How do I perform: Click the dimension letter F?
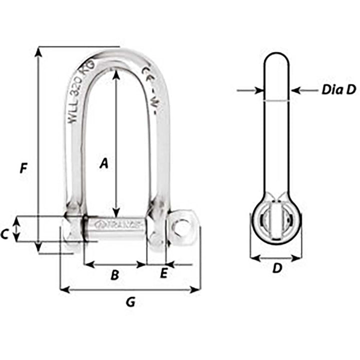(x=22, y=168)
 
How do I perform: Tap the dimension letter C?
(x=4, y=233)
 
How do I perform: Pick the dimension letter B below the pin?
(x=114, y=274)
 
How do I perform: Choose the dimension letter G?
(x=130, y=302)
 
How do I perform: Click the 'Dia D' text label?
(x=338, y=90)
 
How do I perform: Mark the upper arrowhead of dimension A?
(x=116, y=73)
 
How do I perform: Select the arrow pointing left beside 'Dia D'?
(x=295, y=90)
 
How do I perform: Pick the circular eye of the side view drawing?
(x=276, y=220)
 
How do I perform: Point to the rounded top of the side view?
(x=276, y=57)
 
